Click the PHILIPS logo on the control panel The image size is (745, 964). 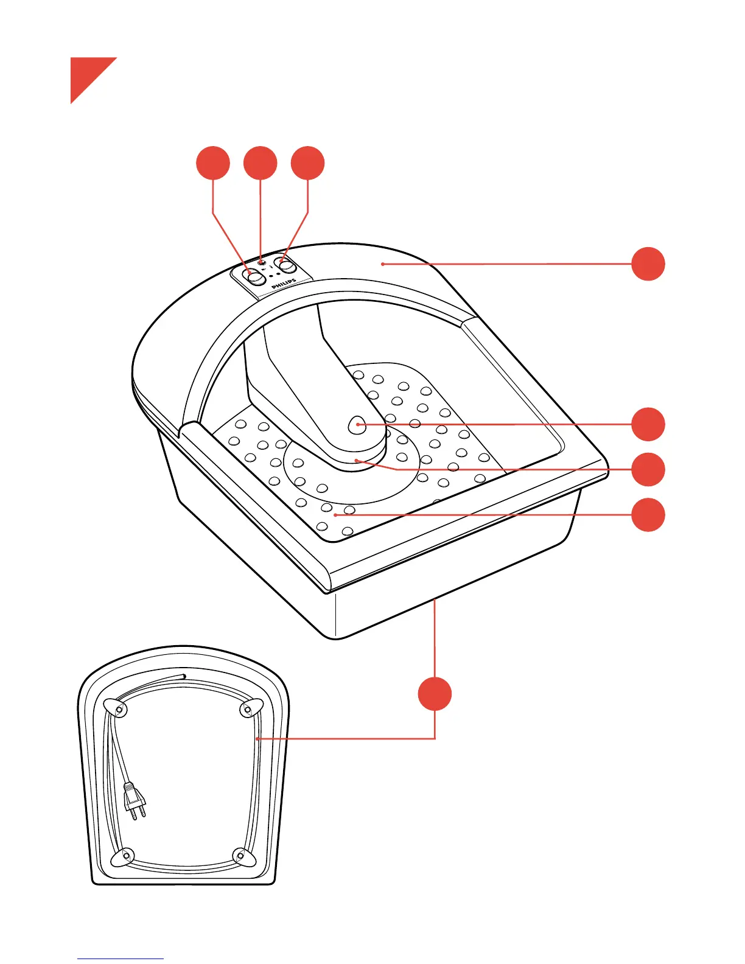[x=284, y=284]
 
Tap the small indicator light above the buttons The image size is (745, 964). [x=261, y=262]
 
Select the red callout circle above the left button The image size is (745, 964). [x=213, y=163]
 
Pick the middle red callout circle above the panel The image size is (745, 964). [x=261, y=163]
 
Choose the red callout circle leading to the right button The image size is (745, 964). [x=308, y=163]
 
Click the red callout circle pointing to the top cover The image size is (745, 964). [x=648, y=264]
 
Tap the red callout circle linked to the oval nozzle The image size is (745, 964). [x=648, y=424]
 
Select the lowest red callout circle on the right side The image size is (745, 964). [x=648, y=515]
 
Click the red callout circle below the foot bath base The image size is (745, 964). [x=435, y=694]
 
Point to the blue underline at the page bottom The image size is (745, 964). [x=121, y=959]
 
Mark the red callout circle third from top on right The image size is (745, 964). [x=648, y=469]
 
